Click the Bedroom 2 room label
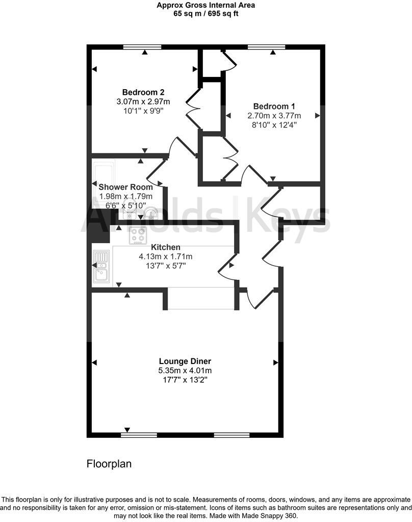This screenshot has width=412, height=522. (x=143, y=92)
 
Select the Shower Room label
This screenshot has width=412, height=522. (x=125, y=187)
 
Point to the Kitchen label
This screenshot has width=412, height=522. (x=166, y=247)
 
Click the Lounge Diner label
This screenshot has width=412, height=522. (x=185, y=361)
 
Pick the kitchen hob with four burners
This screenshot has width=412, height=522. (x=138, y=236)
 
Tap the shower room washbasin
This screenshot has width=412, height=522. (x=150, y=212)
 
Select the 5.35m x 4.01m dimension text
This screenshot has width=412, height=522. (x=185, y=371)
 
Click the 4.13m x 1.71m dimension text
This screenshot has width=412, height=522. (x=166, y=256)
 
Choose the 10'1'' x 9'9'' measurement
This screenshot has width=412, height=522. (x=143, y=110)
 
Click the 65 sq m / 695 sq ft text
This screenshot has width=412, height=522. (x=206, y=14)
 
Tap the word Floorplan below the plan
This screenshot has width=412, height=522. (x=109, y=464)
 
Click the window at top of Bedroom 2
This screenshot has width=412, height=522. (x=142, y=47)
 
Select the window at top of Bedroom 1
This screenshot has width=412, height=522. (x=267, y=47)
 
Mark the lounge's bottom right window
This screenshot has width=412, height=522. (x=231, y=435)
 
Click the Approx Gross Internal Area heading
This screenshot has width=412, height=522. (x=206, y=5)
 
